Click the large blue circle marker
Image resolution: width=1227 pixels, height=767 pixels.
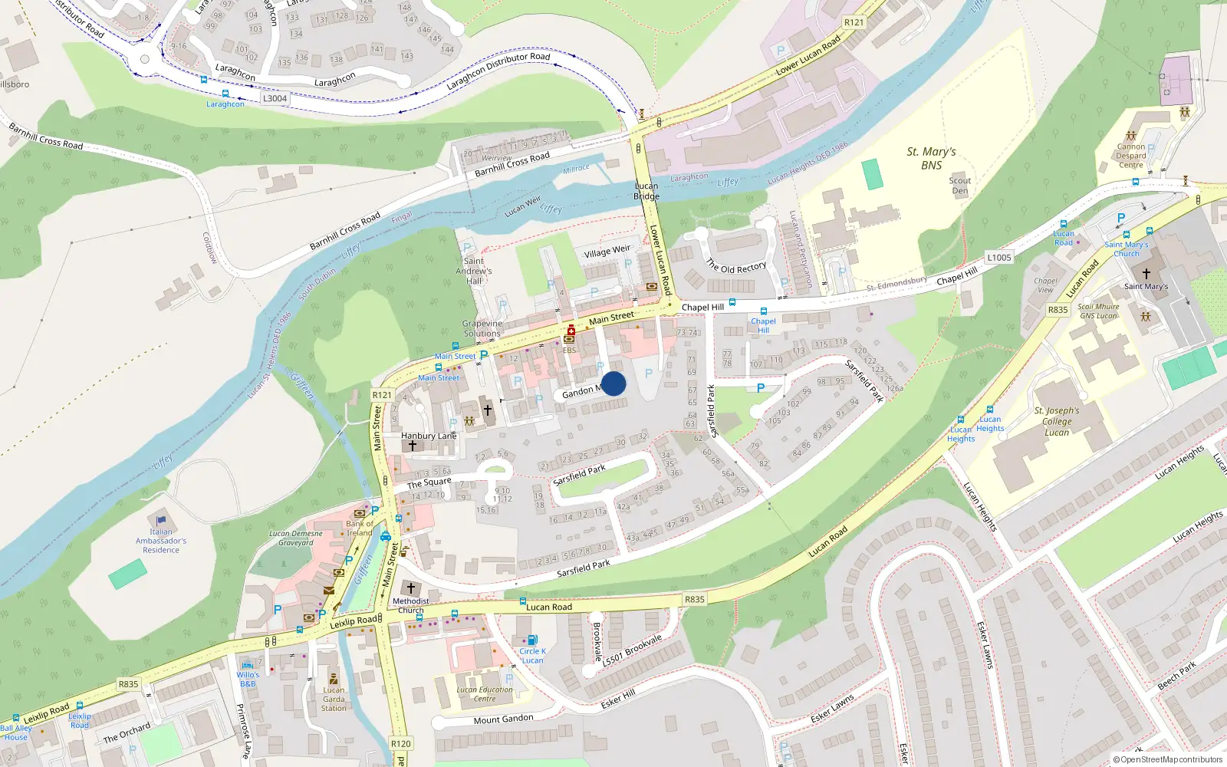613,383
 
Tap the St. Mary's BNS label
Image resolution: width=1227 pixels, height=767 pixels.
931,159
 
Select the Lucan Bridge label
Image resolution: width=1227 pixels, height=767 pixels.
646,191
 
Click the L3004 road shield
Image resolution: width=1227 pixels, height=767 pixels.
275,98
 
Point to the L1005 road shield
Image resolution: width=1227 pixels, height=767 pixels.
998,258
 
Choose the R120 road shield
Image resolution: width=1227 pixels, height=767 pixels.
400,743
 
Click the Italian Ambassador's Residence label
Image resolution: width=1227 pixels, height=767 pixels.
161,541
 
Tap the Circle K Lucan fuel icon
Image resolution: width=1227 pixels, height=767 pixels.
531,640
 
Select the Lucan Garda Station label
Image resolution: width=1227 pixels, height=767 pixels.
334,699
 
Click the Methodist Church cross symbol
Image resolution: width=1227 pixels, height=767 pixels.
411,588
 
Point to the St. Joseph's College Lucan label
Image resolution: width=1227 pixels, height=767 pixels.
1057,421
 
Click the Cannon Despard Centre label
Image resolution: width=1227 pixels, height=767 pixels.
1130,156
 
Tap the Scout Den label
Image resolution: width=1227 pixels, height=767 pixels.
959,186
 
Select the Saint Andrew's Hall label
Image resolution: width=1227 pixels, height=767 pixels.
474,271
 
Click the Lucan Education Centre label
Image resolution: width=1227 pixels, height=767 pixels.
485,694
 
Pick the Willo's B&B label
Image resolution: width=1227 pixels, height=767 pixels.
248,679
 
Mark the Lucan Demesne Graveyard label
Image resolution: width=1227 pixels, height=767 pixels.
296,538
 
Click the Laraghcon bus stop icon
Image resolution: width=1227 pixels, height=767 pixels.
225,94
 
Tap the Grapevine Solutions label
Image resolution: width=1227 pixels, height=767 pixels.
482,328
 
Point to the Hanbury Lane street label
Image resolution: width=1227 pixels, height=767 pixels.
429,436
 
